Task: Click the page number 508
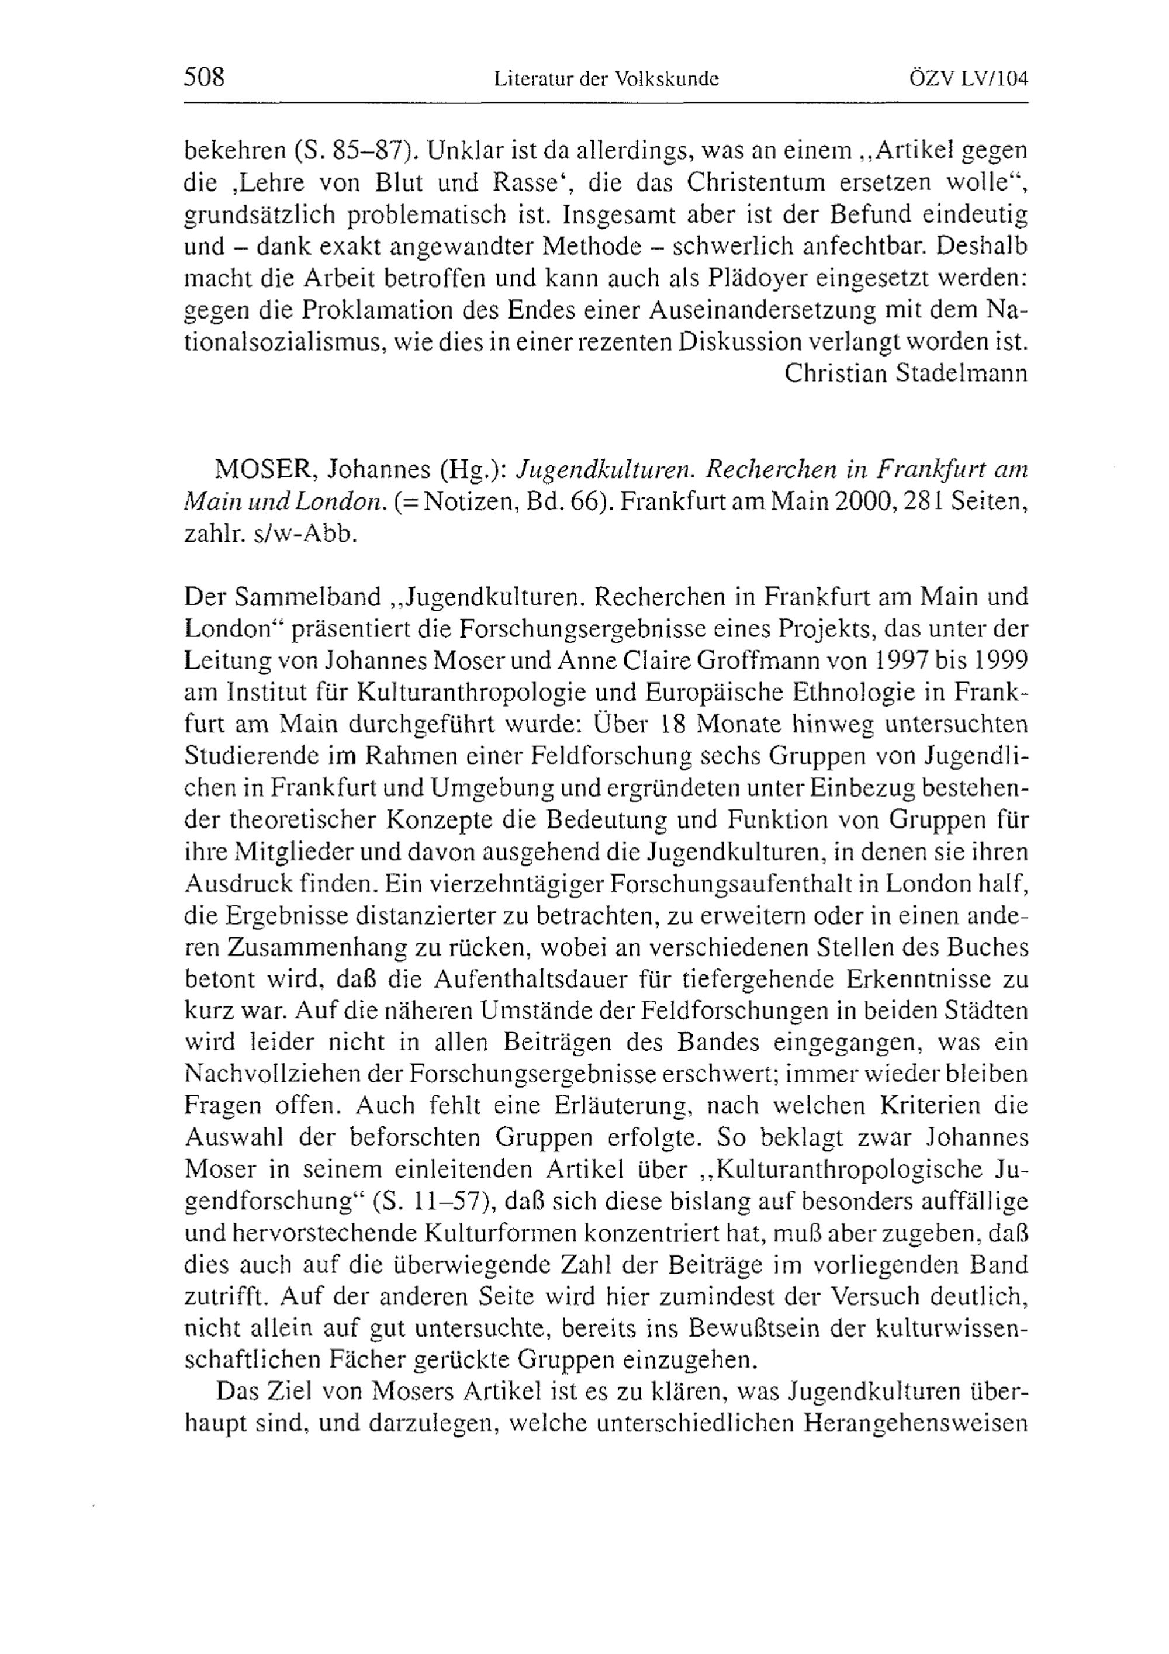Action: tap(205, 77)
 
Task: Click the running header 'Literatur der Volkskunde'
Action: tap(607, 78)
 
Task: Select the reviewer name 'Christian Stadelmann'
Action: tap(905, 372)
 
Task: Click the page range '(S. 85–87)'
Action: tap(352, 151)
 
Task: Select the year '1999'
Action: tap(1001, 660)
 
